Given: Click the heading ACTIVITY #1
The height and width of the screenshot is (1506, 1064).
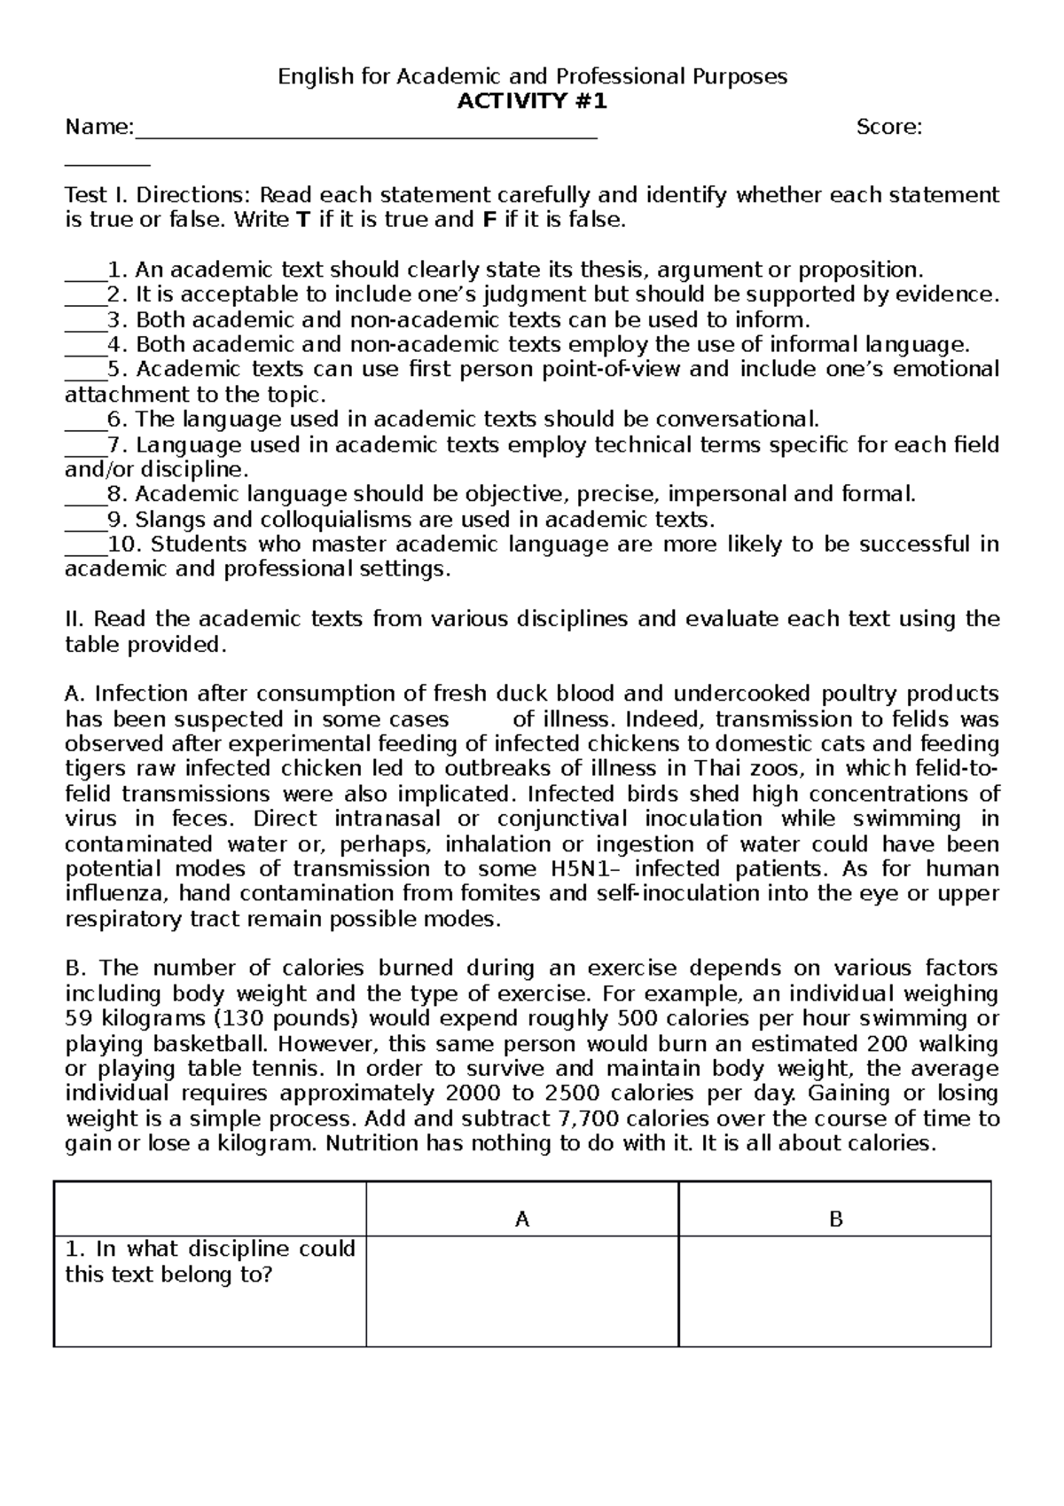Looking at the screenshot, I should tap(532, 101).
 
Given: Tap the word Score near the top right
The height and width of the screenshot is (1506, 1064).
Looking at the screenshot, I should tap(888, 128).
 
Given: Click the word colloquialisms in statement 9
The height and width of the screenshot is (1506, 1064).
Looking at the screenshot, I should tap(293, 520).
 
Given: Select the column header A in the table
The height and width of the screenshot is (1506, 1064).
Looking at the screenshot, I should tap(522, 1220).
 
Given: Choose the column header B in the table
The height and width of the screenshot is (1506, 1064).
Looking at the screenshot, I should tap(835, 1220).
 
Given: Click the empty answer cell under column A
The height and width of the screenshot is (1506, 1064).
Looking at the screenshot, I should tap(522, 1291).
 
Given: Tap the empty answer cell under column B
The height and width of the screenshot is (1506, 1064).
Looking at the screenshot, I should tap(835, 1291).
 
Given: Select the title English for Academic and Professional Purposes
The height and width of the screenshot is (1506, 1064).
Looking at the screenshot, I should tap(532, 76).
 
